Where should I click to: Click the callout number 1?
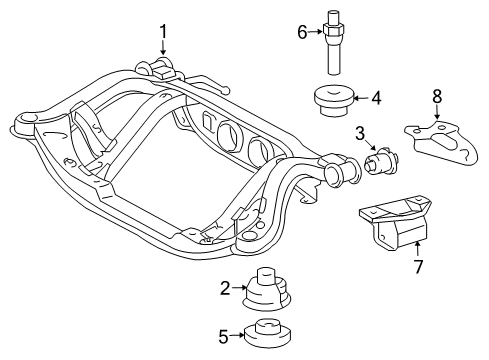[163, 32]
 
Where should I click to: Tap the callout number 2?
[225, 288]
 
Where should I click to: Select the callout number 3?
[361, 133]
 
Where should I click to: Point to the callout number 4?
[376, 98]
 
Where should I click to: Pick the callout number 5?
[223, 336]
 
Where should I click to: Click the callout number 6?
[302, 32]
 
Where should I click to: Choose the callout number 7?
[418, 266]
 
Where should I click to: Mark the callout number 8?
[437, 96]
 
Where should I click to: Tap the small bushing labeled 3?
[382, 161]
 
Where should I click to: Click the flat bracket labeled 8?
[441, 143]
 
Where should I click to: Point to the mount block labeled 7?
[396, 223]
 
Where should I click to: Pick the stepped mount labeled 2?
[267, 289]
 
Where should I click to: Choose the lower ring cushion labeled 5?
[267, 335]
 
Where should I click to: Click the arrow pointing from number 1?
[163, 47]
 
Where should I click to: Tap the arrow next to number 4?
[361, 98]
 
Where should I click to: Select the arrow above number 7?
[418, 250]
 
